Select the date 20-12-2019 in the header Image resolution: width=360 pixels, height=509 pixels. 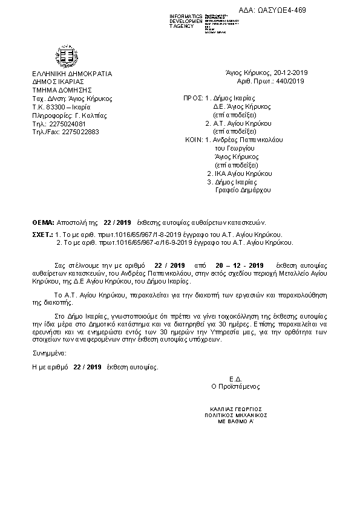(x=290, y=73)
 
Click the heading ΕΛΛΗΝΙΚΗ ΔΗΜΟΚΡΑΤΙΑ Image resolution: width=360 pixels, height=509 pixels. (x=72, y=73)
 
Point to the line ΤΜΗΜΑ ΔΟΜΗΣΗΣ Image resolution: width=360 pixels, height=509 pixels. (x=57, y=89)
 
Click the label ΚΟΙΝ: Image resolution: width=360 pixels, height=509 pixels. (x=194, y=139)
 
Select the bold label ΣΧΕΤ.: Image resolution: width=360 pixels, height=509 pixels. (x=42, y=233)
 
